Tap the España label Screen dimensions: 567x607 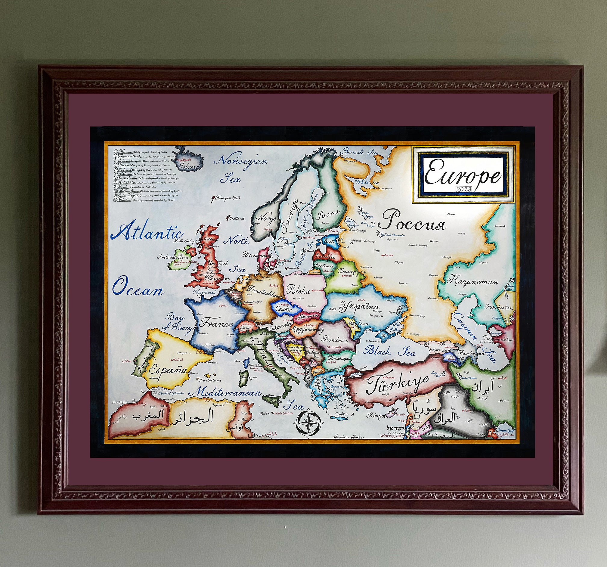click(168, 370)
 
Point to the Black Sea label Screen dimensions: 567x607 click(389, 351)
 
